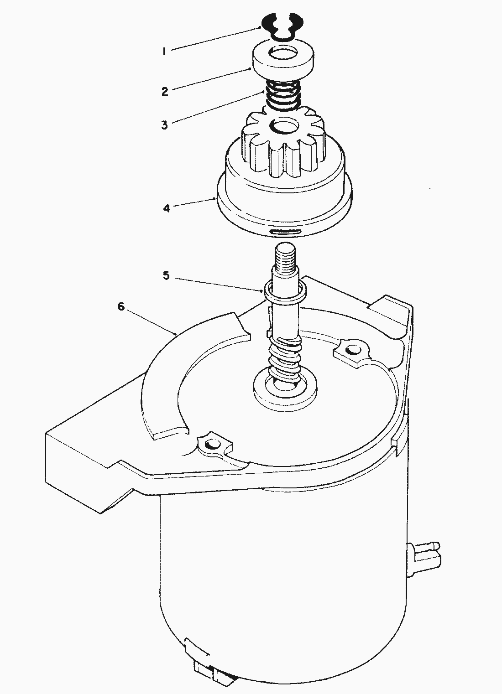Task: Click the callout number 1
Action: click(164, 51)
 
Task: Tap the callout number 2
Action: click(165, 91)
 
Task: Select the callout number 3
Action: click(164, 125)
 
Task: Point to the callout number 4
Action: click(167, 208)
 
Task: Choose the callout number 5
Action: click(167, 275)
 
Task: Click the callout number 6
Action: click(121, 306)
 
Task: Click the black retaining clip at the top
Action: click(282, 31)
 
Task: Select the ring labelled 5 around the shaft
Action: click(285, 291)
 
